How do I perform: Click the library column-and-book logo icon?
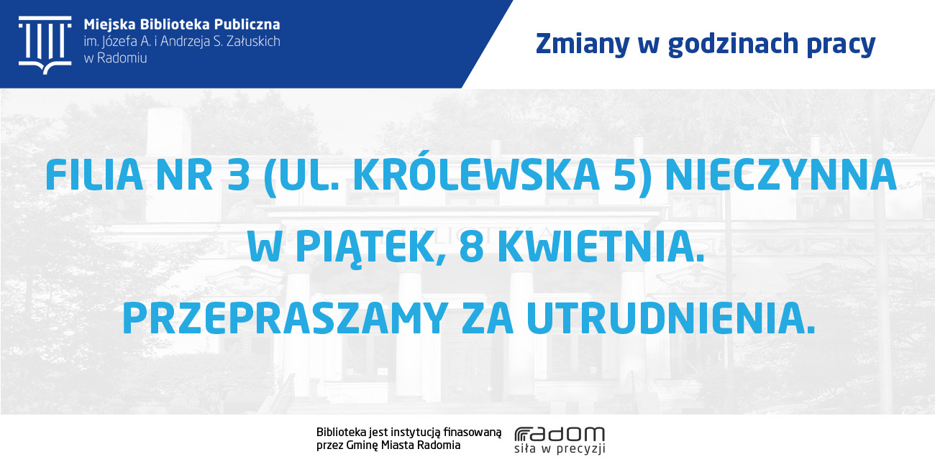[x=45, y=45]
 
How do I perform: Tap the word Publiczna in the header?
[x=247, y=24]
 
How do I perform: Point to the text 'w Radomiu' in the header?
[x=115, y=58]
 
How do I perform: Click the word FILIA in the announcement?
[x=94, y=175]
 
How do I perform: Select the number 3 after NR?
[x=239, y=175]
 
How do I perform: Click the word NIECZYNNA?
[x=781, y=175]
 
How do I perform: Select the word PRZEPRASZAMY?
[x=285, y=318]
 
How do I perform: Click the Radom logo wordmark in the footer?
[x=560, y=434]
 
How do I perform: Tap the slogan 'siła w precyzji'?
[x=560, y=450]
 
